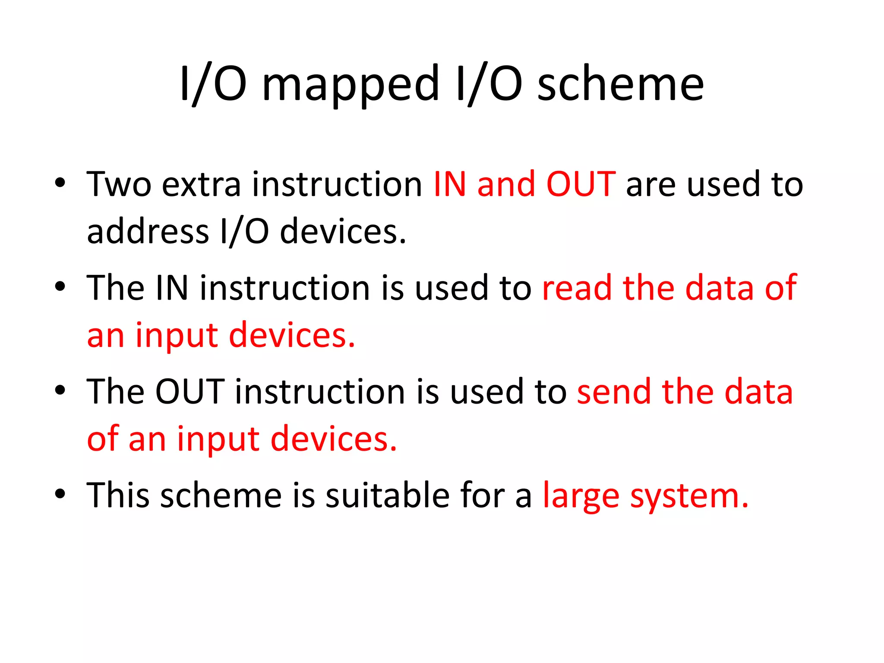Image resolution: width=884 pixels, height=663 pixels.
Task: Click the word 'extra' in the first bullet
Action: [201, 184]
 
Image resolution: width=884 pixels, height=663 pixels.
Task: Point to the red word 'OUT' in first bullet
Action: [581, 184]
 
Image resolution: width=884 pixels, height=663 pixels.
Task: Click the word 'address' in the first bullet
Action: [148, 231]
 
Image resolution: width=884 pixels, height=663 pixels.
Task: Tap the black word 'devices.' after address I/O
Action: [343, 231]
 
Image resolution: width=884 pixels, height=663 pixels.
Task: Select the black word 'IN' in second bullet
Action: [172, 288]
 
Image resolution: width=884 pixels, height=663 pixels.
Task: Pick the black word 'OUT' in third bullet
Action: [190, 391]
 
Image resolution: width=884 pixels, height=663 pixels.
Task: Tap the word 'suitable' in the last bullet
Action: [387, 495]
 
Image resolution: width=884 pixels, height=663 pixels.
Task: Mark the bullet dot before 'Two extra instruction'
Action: [60, 183]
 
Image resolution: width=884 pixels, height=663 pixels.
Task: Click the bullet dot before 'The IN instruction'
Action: [60, 286]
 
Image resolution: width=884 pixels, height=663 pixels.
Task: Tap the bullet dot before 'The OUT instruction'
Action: [60, 390]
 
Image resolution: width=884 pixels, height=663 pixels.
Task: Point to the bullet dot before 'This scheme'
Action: [60, 493]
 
